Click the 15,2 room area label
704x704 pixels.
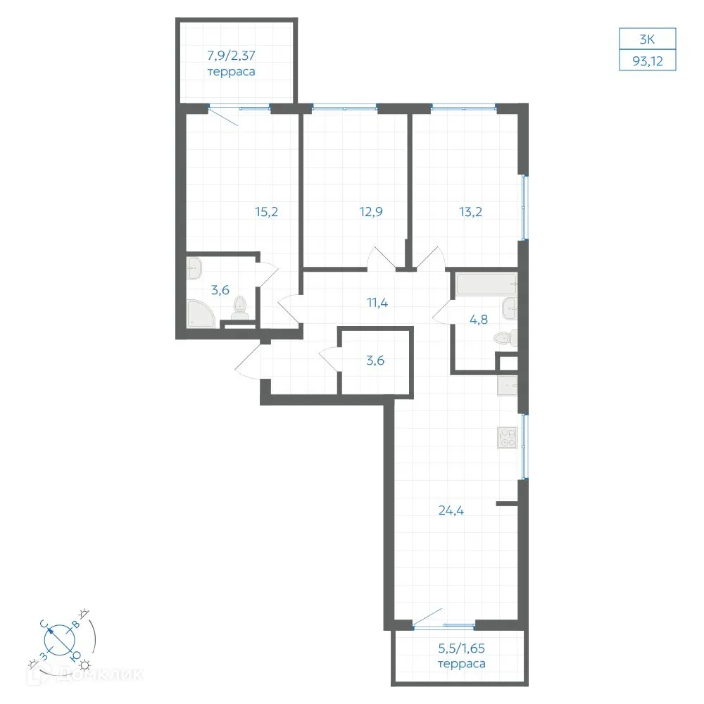tap(266, 211)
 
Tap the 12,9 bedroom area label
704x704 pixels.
tap(371, 211)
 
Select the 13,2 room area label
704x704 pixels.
tap(470, 211)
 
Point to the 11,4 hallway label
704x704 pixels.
tap(377, 303)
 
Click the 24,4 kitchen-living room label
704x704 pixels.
tap(451, 510)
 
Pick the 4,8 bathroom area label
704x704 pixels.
tap(479, 320)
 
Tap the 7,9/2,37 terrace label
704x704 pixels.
tap(231, 63)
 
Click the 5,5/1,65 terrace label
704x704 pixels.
tap(462, 656)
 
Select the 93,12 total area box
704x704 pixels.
tap(648, 61)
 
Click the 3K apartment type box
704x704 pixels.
tap(648, 39)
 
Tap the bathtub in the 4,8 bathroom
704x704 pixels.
tap(486, 284)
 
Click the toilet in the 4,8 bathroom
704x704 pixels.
tap(505, 339)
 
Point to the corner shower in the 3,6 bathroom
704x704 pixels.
tap(201, 313)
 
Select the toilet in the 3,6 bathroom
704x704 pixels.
tap(240, 308)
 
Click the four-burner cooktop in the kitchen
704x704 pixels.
tap(508, 438)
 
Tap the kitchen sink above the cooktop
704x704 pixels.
tap(508, 386)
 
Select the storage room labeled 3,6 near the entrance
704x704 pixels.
tap(376, 361)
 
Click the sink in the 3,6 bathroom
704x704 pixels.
tap(194, 268)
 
